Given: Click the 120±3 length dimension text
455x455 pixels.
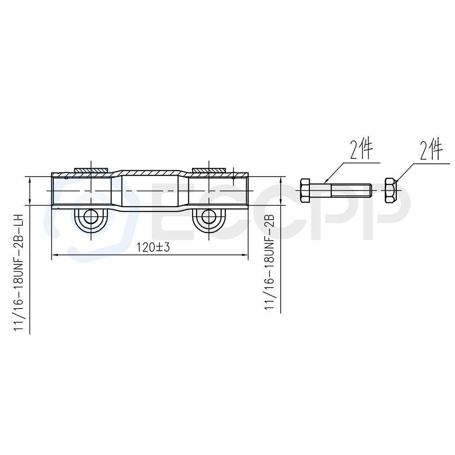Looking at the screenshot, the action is click(x=153, y=247).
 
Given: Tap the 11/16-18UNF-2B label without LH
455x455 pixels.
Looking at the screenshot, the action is click(x=269, y=262).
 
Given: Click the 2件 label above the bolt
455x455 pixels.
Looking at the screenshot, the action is click(x=361, y=150).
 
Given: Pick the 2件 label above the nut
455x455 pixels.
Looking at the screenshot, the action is click(x=431, y=150).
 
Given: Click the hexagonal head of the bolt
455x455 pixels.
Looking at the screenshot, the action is click(x=305, y=191).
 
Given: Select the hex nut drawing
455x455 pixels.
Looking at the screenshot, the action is click(x=390, y=191).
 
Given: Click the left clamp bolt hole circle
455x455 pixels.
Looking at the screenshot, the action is click(x=91, y=216).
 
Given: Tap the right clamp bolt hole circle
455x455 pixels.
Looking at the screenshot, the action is click(x=209, y=216).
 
